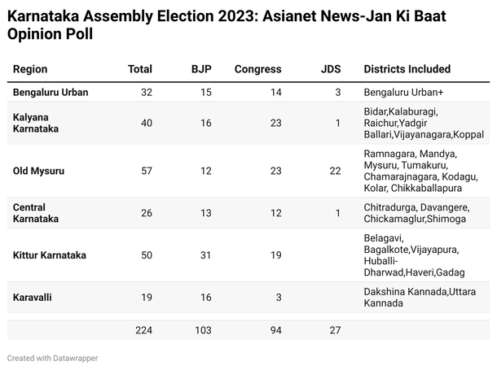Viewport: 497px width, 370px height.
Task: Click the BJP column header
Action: (x=200, y=69)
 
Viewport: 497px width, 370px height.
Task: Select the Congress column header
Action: (x=257, y=69)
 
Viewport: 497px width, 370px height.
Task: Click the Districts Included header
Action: (x=407, y=69)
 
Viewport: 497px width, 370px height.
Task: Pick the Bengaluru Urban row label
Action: (x=51, y=93)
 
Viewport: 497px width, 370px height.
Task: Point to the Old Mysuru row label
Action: (x=39, y=171)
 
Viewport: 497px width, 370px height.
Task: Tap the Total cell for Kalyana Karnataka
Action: (x=146, y=122)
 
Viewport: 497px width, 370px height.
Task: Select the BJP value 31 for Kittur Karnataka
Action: (x=205, y=255)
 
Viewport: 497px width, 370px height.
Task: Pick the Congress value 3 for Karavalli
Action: (x=278, y=298)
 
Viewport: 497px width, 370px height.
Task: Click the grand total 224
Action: (x=143, y=329)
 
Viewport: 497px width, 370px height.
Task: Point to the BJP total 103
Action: (x=202, y=329)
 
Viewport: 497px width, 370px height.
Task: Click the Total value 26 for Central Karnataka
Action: (x=146, y=213)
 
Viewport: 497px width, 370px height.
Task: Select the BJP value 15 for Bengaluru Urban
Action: (x=205, y=93)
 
